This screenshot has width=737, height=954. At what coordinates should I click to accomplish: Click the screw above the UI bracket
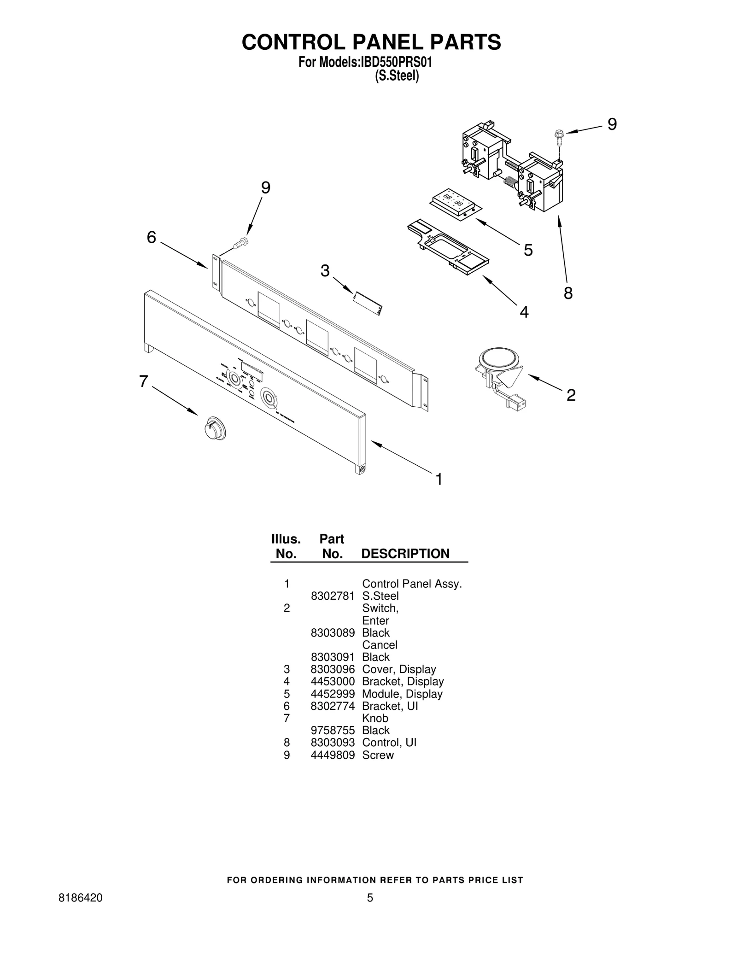(x=240, y=242)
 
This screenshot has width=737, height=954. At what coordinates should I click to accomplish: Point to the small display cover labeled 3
(x=368, y=304)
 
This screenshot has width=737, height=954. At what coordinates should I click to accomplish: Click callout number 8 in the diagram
(x=568, y=293)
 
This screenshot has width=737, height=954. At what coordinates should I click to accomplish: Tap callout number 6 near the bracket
(x=152, y=237)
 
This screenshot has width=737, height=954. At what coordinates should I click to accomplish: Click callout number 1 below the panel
(x=439, y=479)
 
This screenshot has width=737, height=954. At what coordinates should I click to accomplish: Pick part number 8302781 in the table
(x=333, y=596)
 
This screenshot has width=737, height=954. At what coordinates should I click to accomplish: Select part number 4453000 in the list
(x=333, y=681)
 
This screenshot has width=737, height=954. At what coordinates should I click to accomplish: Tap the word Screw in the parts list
(x=378, y=755)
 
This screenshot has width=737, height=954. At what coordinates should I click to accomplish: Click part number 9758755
(x=333, y=730)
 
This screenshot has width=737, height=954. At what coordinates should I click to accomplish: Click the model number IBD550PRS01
(x=396, y=62)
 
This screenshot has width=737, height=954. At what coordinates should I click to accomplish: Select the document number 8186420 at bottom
(x=81, y=897)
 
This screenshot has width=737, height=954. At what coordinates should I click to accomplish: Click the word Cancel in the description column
(x=380, y=644)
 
